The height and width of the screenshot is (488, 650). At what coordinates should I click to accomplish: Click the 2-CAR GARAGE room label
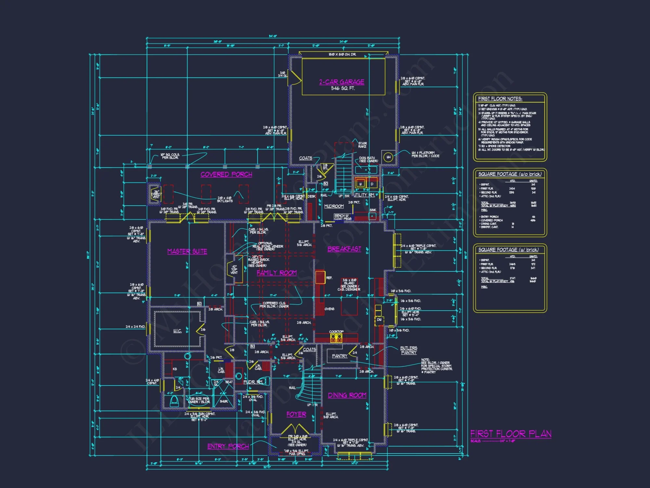(x=342, y=82)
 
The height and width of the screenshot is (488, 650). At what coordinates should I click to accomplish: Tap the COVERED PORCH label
(x=226, y=174)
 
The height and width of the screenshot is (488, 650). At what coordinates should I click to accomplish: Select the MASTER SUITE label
(x=187, y=251)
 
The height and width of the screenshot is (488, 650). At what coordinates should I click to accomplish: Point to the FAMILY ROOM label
(x=277, y=273)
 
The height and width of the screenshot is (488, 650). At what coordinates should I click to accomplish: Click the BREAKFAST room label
(x=344, y=249)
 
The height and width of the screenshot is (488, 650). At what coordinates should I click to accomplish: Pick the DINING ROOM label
(x=347, y=395)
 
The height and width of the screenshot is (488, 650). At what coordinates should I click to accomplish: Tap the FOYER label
(x=296, y=414)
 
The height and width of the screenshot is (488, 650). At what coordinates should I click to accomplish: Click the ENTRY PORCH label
(x=228, y=446)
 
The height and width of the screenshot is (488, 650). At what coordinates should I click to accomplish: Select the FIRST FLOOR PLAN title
(x=511, y=434)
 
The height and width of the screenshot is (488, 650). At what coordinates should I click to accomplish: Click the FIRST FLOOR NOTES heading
(x=500, y=99)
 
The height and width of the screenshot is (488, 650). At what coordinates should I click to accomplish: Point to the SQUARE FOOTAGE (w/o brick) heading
(x=510, y=174)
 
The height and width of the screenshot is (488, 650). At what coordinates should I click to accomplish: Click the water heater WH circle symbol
(x=388, y=157)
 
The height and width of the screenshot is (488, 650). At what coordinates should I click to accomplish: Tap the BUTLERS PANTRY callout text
(x=409, y=350)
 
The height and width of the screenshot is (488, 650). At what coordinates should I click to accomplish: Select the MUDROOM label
(x=334, y=206)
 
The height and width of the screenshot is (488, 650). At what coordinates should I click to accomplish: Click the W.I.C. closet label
(x=177, y=331)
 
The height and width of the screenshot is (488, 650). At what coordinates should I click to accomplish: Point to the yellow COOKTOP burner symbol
(x=336, y=339)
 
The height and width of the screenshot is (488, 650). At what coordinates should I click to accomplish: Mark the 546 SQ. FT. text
(x=343, y=88)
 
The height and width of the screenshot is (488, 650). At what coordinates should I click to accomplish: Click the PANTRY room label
(x=340, y=356)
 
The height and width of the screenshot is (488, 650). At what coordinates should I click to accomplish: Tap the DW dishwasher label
(x=379, y=320)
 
